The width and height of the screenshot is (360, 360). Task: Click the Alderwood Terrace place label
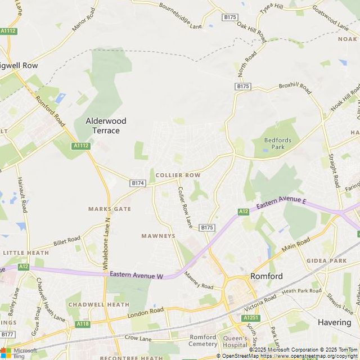coord(106,125)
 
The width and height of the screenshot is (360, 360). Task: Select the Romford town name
coord(266,276)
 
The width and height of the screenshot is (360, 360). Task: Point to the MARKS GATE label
coord(109,209)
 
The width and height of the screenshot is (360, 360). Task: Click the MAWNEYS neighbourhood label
coord(158,236)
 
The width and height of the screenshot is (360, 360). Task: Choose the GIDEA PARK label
coord(326,261)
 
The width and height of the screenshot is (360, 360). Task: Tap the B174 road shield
coord(138,183)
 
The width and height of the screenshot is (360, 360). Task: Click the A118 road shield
coord(83,324)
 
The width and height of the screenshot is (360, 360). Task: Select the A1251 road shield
coord(251,318)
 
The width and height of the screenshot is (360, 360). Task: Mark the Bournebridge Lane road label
coord(180,16)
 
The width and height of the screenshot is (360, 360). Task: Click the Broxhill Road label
coord(295,88)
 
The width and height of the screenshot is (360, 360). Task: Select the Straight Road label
coord(334,168)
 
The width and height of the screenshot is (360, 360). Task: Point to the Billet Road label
coord(67,241)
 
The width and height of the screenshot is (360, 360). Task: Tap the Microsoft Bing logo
coord(19,353)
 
